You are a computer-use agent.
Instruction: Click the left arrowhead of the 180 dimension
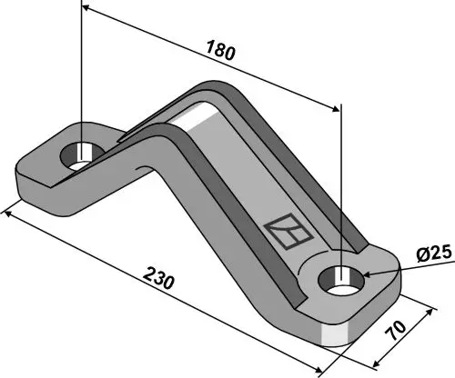click(87, 10)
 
